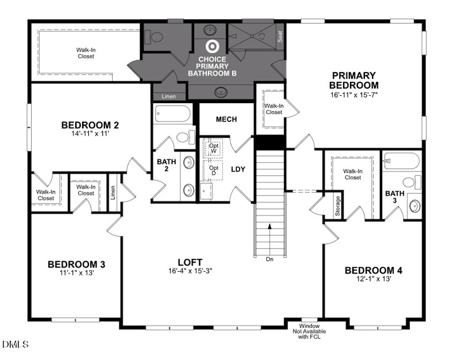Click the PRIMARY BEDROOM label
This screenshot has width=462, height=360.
click(354, 80)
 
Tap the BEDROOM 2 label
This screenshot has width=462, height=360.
click(90, 125)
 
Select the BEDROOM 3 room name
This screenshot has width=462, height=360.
click(76, 264)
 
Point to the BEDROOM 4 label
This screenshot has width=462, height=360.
click(373, 270)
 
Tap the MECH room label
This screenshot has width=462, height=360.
click(226, 119)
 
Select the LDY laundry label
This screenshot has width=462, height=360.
click(238, 169)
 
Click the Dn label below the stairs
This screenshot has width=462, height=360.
click(269, 259)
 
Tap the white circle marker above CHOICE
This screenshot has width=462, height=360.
click(213, 46)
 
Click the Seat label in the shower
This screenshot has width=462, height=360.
click(280, 36)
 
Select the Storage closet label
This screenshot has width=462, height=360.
click(338, 206)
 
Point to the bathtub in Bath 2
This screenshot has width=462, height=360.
click(172, 114)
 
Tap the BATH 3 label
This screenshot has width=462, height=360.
click(395, 197)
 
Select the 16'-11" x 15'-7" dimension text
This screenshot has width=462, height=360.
click(354, 94)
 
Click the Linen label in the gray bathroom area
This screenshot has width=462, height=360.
click(169, 96)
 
